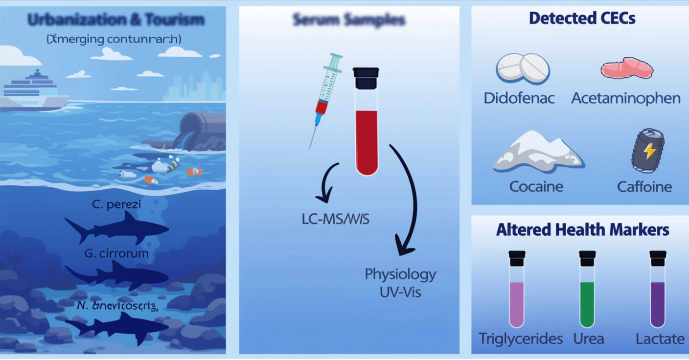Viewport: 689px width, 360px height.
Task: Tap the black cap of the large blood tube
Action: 366,78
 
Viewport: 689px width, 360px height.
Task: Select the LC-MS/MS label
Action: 335,219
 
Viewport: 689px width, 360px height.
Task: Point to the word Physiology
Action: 400,274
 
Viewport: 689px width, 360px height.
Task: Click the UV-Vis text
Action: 400,292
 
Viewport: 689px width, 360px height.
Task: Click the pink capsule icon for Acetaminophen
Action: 626,68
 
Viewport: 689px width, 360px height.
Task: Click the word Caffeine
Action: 644,186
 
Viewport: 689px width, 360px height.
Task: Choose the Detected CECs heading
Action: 582,19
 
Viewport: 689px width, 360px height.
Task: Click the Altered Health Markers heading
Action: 582,229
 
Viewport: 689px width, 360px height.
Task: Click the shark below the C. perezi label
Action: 117,227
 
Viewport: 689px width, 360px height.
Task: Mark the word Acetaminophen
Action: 625,98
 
